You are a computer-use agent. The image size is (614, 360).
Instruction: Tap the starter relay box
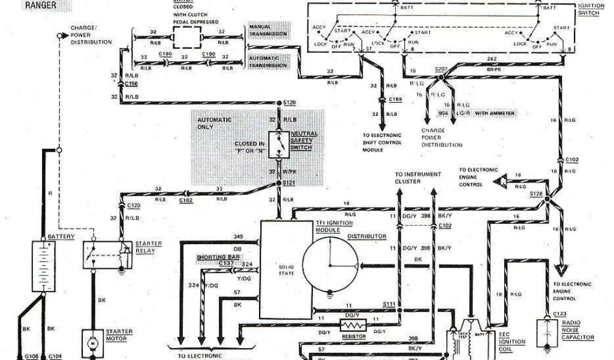[104, 256]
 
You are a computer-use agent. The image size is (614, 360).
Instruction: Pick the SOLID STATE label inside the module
[285, 269]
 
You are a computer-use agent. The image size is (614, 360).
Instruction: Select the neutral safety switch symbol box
[279, 146]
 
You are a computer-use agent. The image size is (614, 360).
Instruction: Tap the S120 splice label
[290, 103]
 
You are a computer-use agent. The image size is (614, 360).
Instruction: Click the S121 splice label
[290, 182]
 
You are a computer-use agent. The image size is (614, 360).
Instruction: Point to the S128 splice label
[536, 194]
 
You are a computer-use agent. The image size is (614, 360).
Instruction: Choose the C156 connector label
[132, 85]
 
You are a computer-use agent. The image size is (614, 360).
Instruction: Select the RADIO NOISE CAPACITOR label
[577, 329]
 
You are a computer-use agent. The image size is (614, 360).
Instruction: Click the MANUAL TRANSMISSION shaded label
[268, 31]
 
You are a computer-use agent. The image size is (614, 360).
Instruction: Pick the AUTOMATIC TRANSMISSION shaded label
[268, 61]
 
